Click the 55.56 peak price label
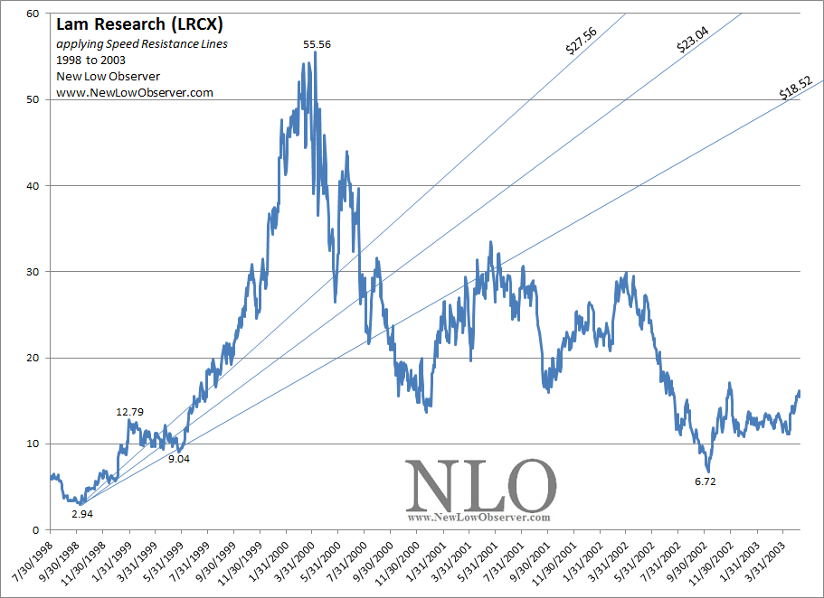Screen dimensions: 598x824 click(317, 43)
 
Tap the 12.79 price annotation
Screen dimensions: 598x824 click(130, 412)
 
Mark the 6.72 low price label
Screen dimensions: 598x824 click(705, 481)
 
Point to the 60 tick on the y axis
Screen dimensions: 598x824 click(32, 14)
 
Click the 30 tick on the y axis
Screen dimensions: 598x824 click(32, 272)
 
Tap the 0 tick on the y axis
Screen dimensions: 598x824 click(34, 530)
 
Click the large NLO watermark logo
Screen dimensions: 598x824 click(479, 486)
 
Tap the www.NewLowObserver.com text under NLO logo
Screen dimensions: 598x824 click(479, 518)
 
